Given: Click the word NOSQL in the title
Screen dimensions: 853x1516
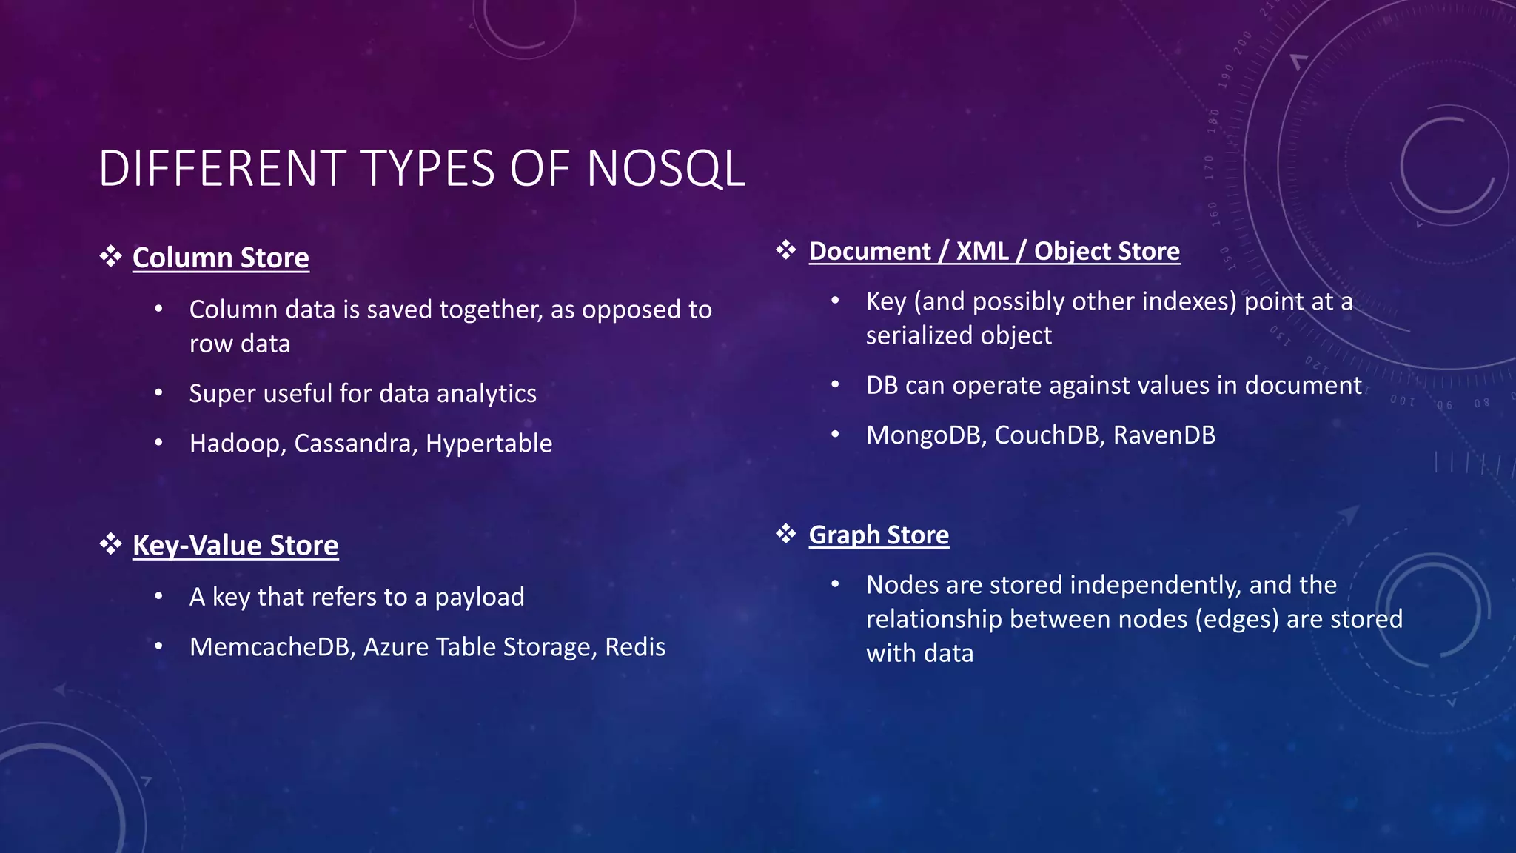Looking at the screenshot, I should coord(665,169).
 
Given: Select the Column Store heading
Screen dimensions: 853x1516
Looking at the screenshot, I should coord(221,258).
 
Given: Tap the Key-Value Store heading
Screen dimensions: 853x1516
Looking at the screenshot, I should coord(235,545).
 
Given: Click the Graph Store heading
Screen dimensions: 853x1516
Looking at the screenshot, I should coord(879,535).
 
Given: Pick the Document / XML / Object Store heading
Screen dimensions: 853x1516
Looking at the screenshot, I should coord(994,251).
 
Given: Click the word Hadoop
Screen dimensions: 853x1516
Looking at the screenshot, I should coord(237,444).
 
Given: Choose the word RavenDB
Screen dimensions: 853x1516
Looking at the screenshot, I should coord(1164,435).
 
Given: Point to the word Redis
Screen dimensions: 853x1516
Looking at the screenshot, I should coord(635,647).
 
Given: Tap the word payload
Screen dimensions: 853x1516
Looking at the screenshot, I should coord(479,598).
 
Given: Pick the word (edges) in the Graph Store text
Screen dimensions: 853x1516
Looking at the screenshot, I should coord(1237,619).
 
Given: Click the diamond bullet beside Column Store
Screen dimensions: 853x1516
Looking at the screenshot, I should coord(111,257).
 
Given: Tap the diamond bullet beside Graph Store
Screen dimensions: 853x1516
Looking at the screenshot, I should coord(786,533).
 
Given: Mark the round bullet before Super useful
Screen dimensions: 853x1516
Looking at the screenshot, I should coord(158,393).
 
